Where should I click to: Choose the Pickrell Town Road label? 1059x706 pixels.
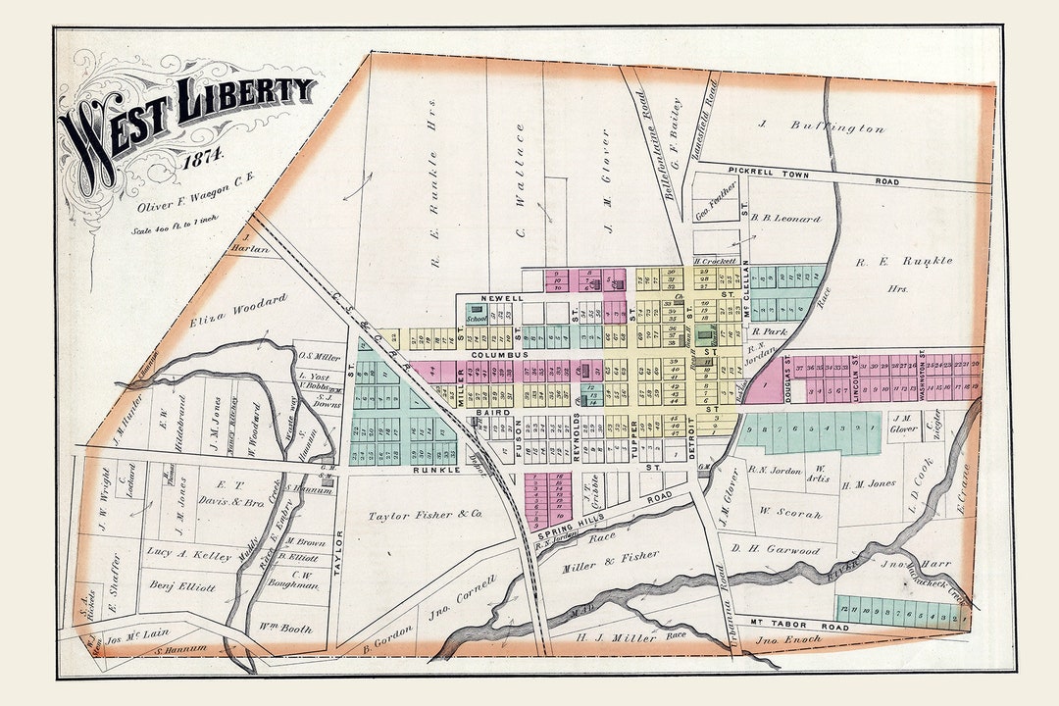coord(813,176)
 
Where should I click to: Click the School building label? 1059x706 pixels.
coord(477,319)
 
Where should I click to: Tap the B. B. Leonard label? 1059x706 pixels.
coord(785,219)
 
